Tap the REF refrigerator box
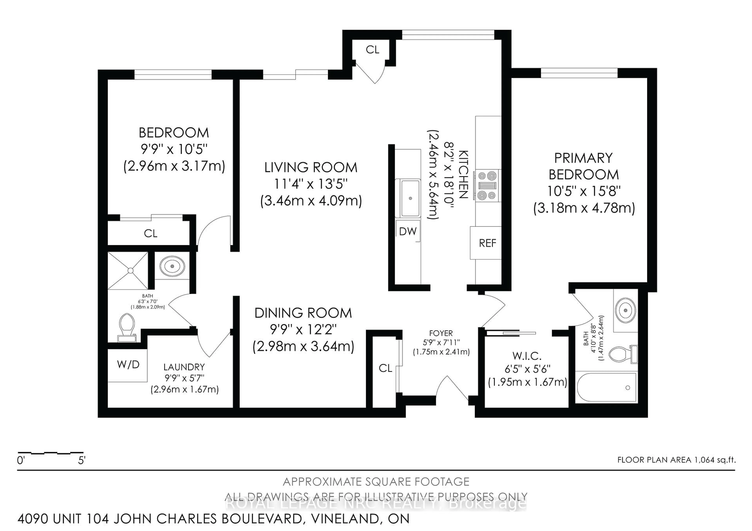tap(487, 243)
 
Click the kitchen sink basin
tap(410, 198)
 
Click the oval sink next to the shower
tap(172, 266)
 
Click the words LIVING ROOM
tap(311, 167)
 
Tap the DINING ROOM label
tap(303, 313)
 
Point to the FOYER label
tap(441, 333)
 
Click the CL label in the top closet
tap(372, 50)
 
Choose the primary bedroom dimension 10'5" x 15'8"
tap(584, 191)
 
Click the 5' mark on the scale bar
tap(81, 461)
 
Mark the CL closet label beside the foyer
tap(385, 368)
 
